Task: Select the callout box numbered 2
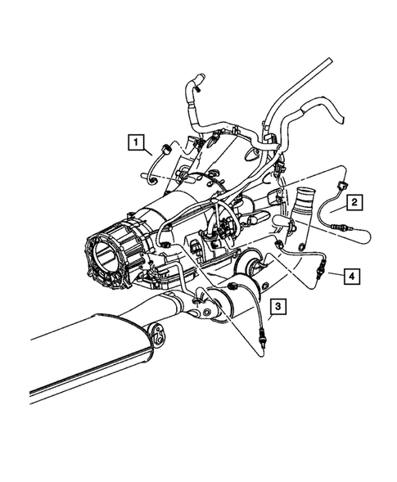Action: pyautogui.click(x=353, y=201)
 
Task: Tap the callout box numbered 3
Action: pyautogui.click(x=278, y=307)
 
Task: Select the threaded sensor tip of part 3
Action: pyautogui.click(x=260, y=337)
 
